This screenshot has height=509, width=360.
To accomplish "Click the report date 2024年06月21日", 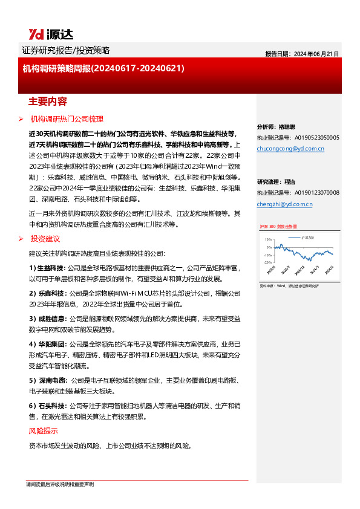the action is [302, 54].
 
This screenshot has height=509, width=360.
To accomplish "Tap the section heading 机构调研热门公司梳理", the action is [67, 118].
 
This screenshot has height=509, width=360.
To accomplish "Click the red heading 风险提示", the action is [44, 431].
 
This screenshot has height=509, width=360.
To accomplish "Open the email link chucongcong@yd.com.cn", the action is [290, 148].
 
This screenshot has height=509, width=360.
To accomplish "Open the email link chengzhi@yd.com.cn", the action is [284, 204].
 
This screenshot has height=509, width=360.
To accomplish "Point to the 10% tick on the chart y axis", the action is [267, 240].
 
